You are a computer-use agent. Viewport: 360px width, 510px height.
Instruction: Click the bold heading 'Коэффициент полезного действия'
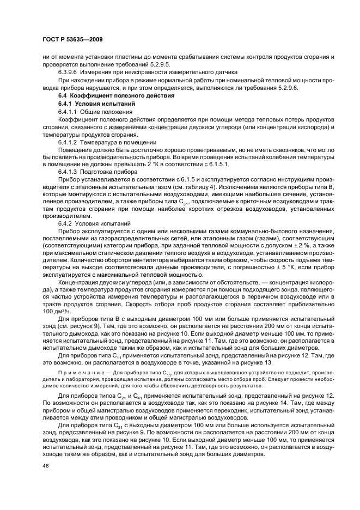coord(121,96)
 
